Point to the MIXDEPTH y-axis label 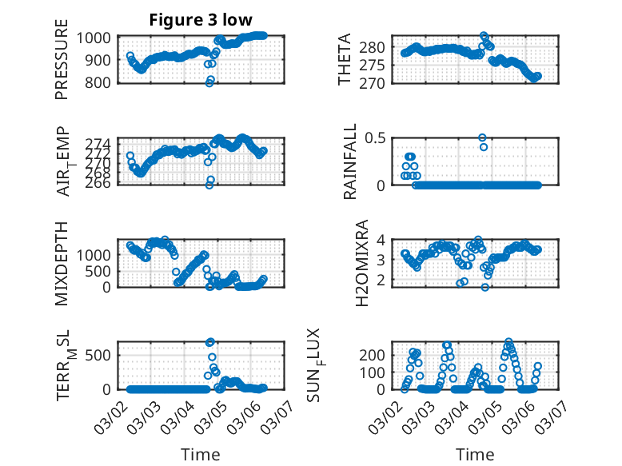tap(62, 263)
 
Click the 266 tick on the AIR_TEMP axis tap(104, 183)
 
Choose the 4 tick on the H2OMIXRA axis tap(383, 239)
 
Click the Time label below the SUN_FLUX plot tap(475, 454)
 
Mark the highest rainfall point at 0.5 tap(482, 137)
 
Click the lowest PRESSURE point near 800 tap(209, 82)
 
